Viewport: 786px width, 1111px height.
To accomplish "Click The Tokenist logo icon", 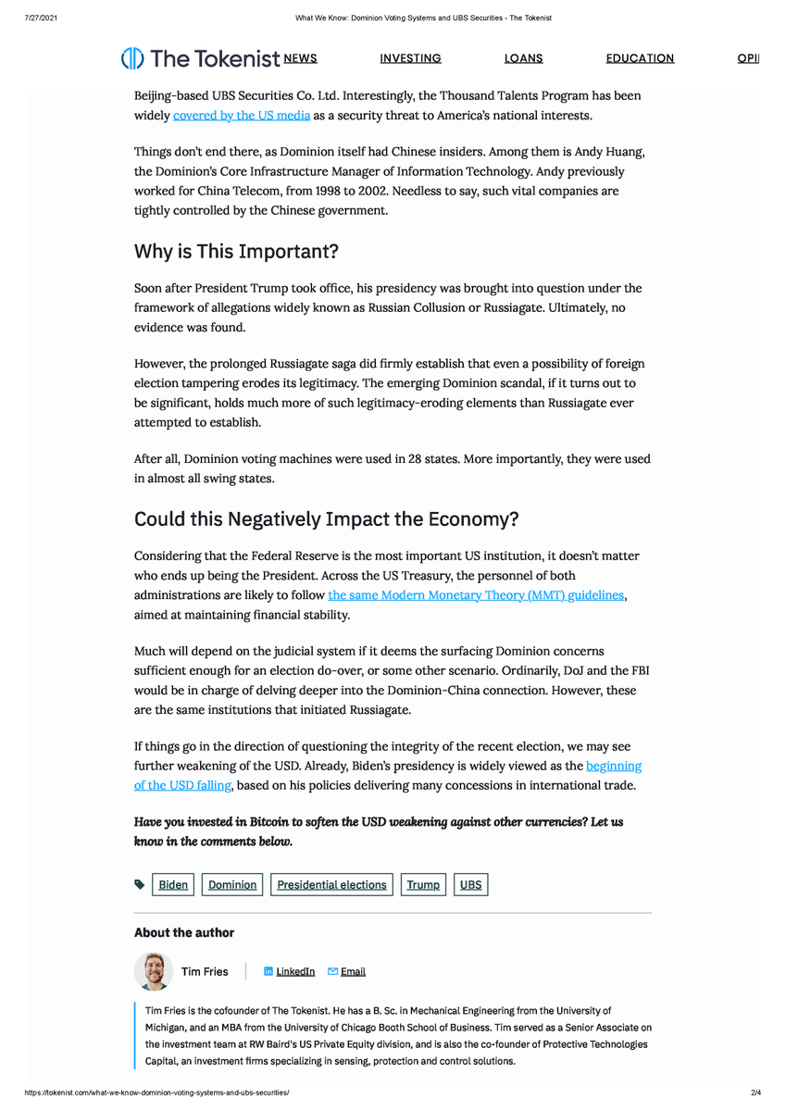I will click(x=132, y=58).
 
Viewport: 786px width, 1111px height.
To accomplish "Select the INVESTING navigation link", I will click(x=410, y=58).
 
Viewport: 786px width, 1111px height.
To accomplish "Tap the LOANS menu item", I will click(x=523, y=58).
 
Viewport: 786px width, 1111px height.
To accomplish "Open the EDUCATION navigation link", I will click(x=640, y=58).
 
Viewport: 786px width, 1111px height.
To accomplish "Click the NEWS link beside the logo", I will click(x=300, y=58).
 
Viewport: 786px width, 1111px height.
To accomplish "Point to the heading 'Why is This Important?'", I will click(x=237, y=252).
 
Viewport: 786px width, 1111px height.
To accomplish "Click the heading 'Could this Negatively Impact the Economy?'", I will click(x=327, y=519).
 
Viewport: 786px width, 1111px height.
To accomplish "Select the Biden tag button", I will click(x=173, y=885).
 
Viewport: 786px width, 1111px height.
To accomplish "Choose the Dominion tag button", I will click(x=232, y=885).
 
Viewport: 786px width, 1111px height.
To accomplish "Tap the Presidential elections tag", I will click(x=331, y=885).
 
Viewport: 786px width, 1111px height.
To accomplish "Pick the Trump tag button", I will click(x=423, y=885).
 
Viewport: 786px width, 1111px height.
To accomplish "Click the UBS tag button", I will click(x=470, y=885).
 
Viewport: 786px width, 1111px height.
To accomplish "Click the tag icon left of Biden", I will click(x=139, y=885).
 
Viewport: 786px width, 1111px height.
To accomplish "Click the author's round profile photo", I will click(x=153, y=971).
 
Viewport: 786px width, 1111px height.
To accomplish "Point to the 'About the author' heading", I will click(x=184, y=932).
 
